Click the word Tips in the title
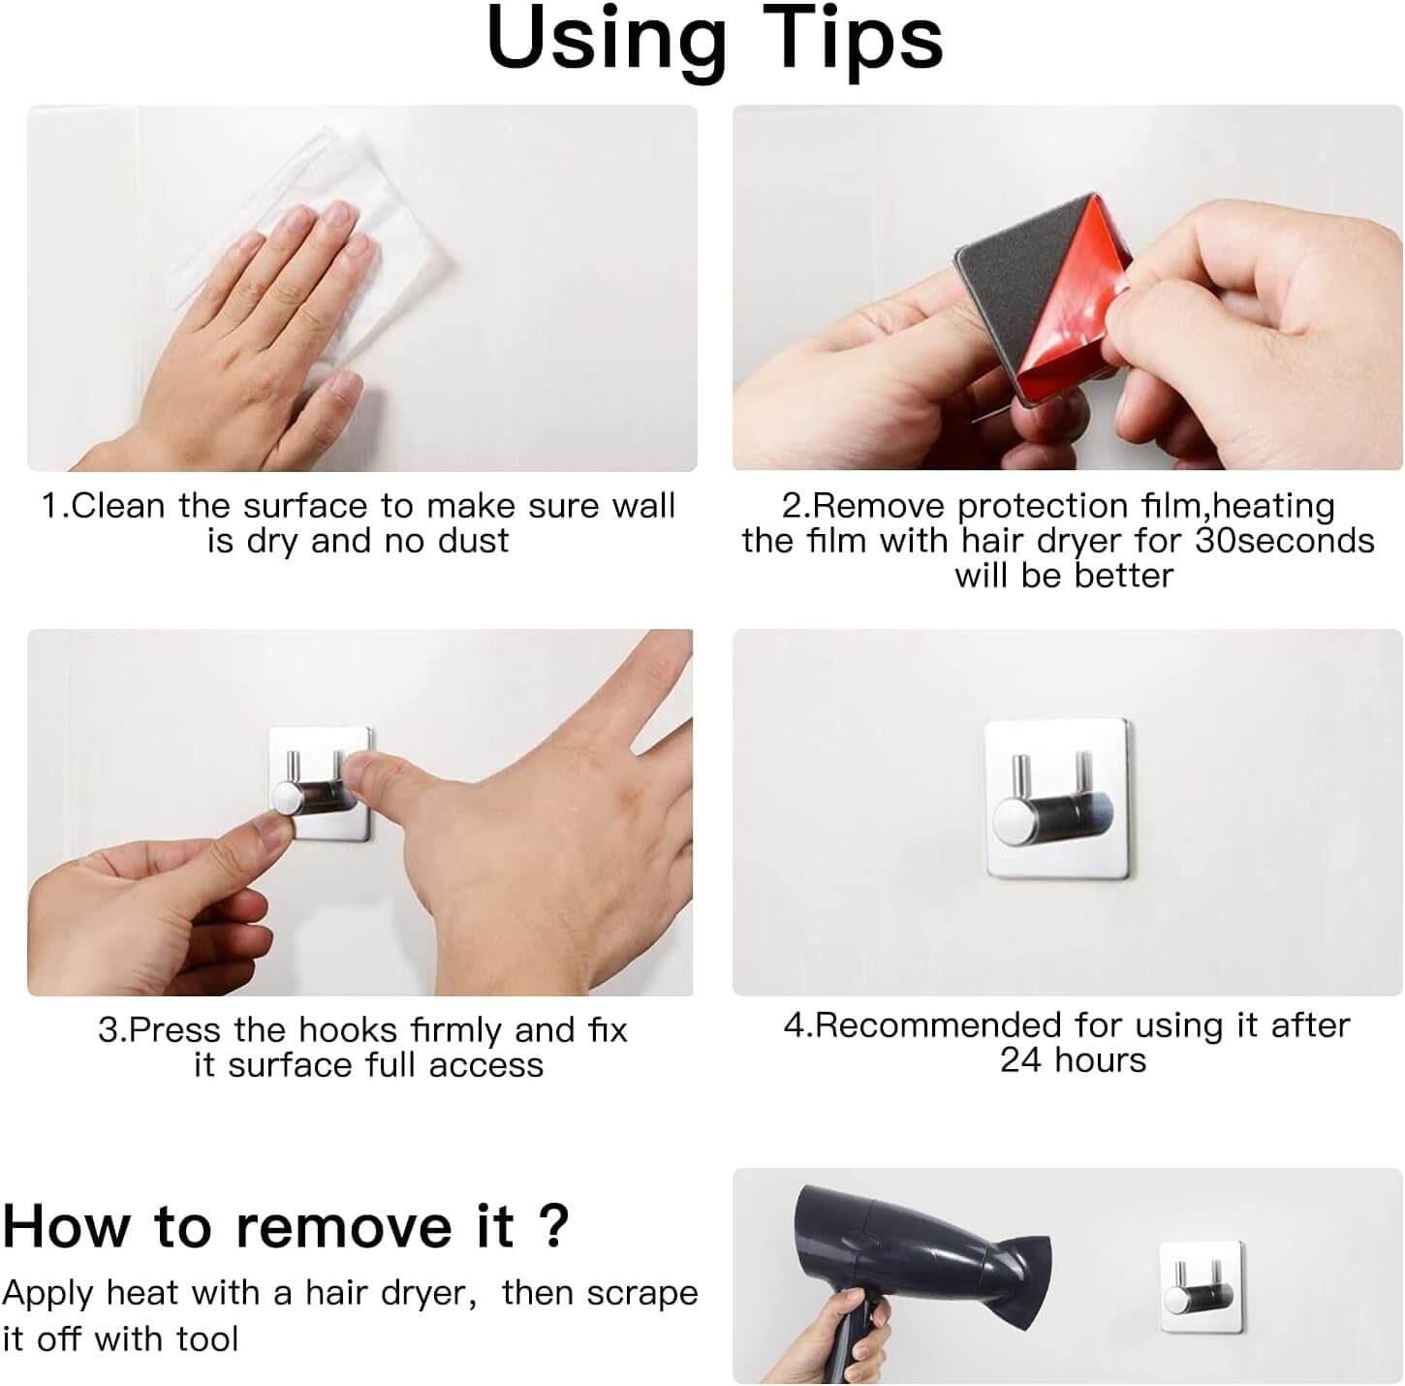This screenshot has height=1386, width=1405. click(x=853, y=39)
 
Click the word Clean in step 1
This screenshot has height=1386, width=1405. click(x=118, y=506)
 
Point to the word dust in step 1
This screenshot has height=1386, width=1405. click(x=473, y=541)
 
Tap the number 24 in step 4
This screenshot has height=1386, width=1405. click(x=1021, y=1060)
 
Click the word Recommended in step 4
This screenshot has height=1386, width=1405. click(x=938, y=1025)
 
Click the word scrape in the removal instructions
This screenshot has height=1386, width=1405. click(x=642, y=1294)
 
